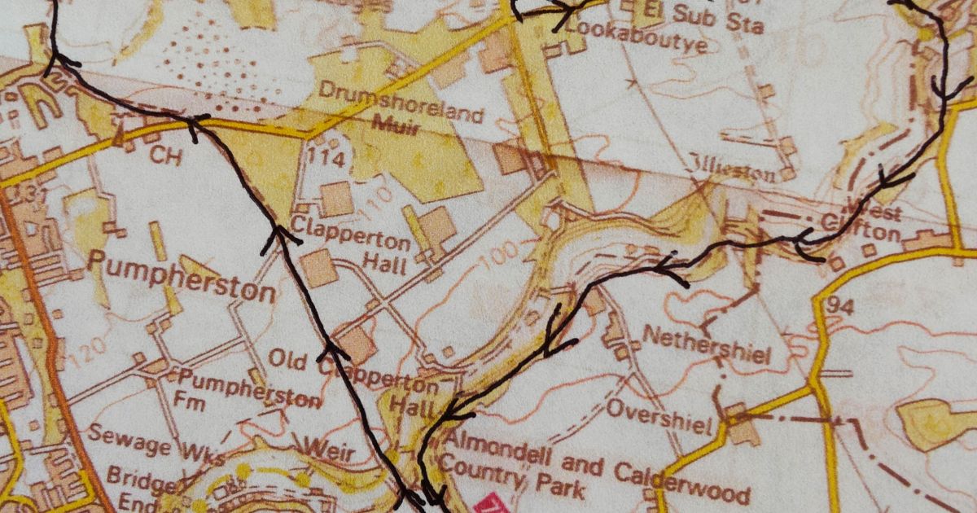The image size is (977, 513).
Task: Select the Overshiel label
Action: pos(659,414)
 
